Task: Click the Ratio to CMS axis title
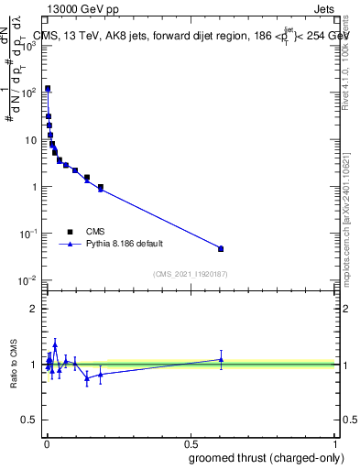[16, 364]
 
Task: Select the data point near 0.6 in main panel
[221, 248]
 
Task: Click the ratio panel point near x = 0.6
[221, 359]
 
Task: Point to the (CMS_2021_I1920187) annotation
[190, 274]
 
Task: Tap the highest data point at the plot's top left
[48, 89]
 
